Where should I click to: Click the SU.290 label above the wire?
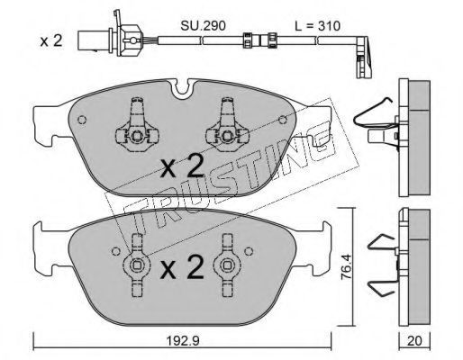tap(203, 26)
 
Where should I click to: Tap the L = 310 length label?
tap(317, 26)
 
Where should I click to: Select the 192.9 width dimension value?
tap(183, 340)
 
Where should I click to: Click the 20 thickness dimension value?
tap(414, 341)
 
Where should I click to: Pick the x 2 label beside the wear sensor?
tap(51, 41)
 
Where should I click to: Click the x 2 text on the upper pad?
tap(182, 167)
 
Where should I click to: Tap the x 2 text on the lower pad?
tap(182, 267)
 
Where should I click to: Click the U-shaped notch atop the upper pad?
tap(182, 89)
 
